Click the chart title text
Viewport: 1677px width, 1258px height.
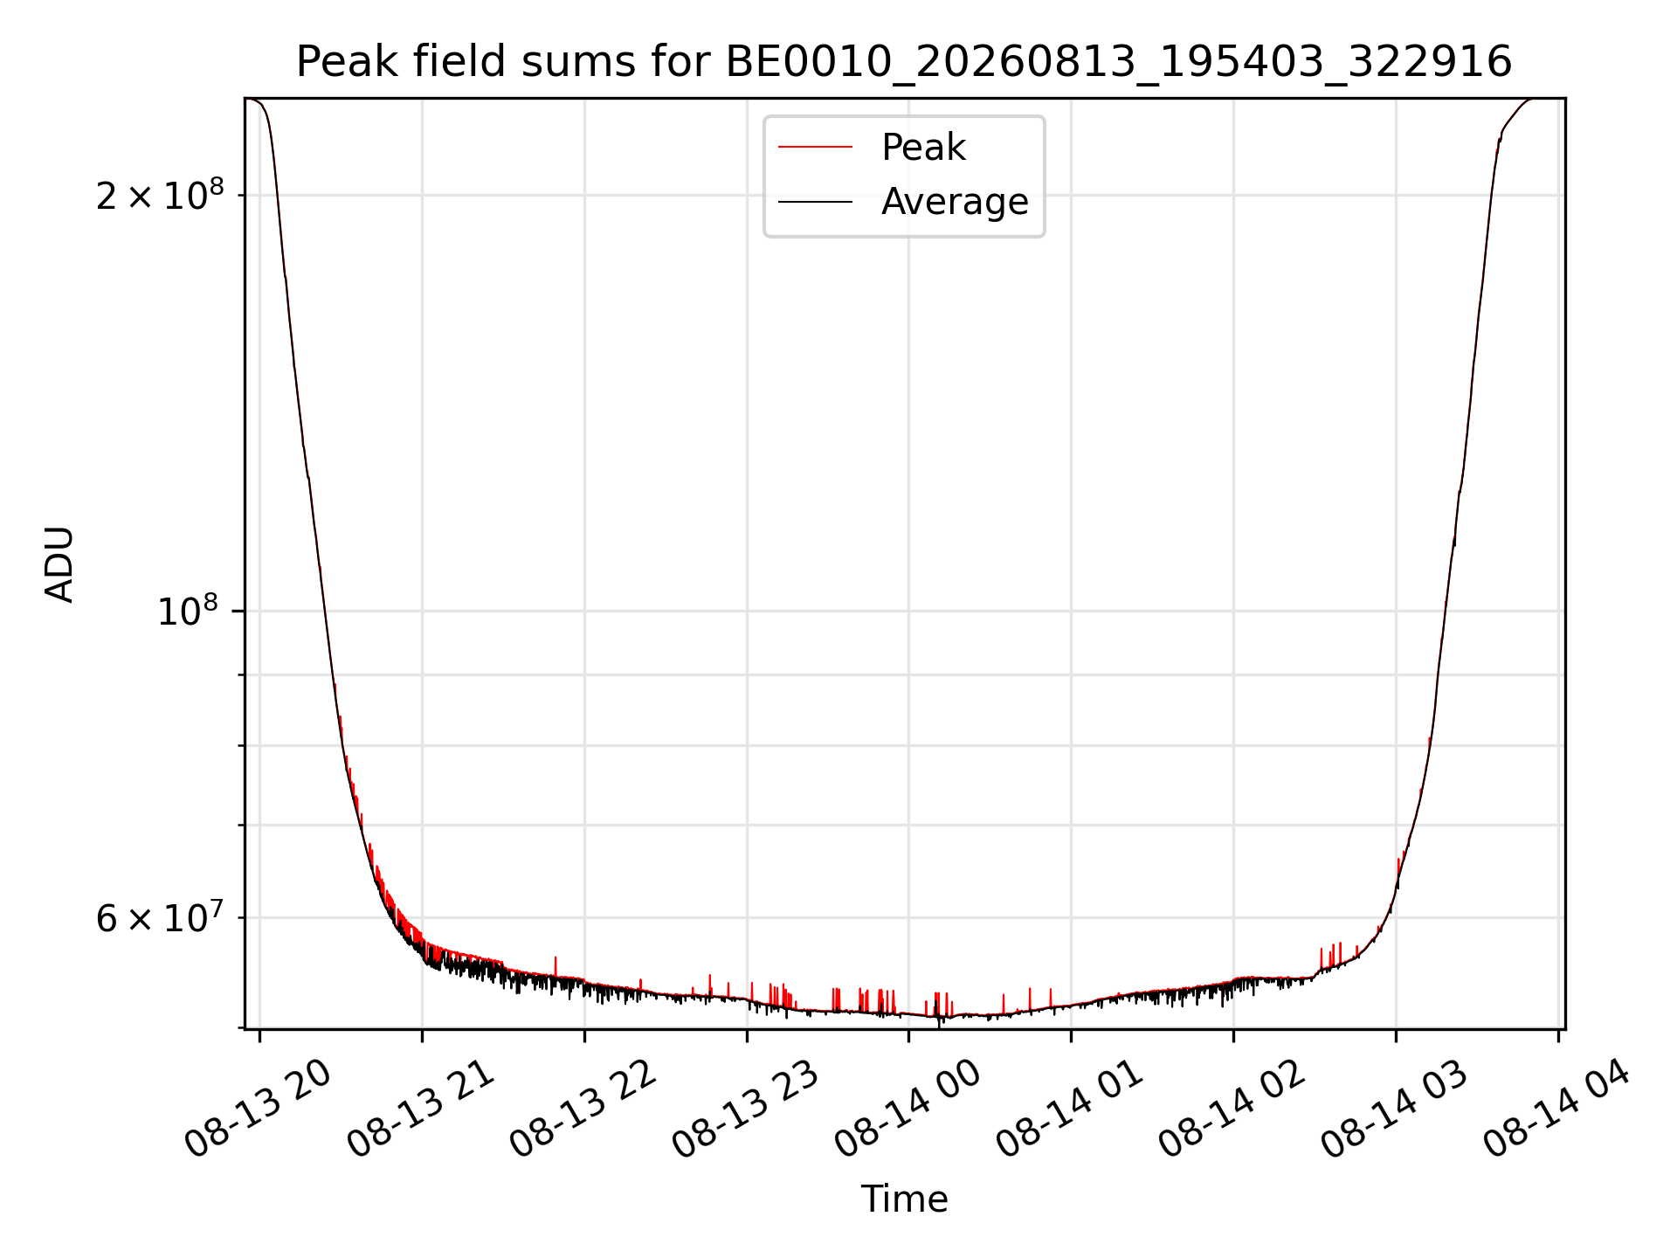904,62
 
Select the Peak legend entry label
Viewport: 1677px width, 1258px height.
923,147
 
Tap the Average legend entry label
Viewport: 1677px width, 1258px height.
955,201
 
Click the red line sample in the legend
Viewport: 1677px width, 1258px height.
815,147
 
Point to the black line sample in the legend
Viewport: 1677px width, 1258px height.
815,202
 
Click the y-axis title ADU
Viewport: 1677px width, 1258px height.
59,564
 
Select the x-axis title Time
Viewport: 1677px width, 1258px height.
904,1199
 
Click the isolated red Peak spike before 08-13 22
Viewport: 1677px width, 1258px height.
555,966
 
